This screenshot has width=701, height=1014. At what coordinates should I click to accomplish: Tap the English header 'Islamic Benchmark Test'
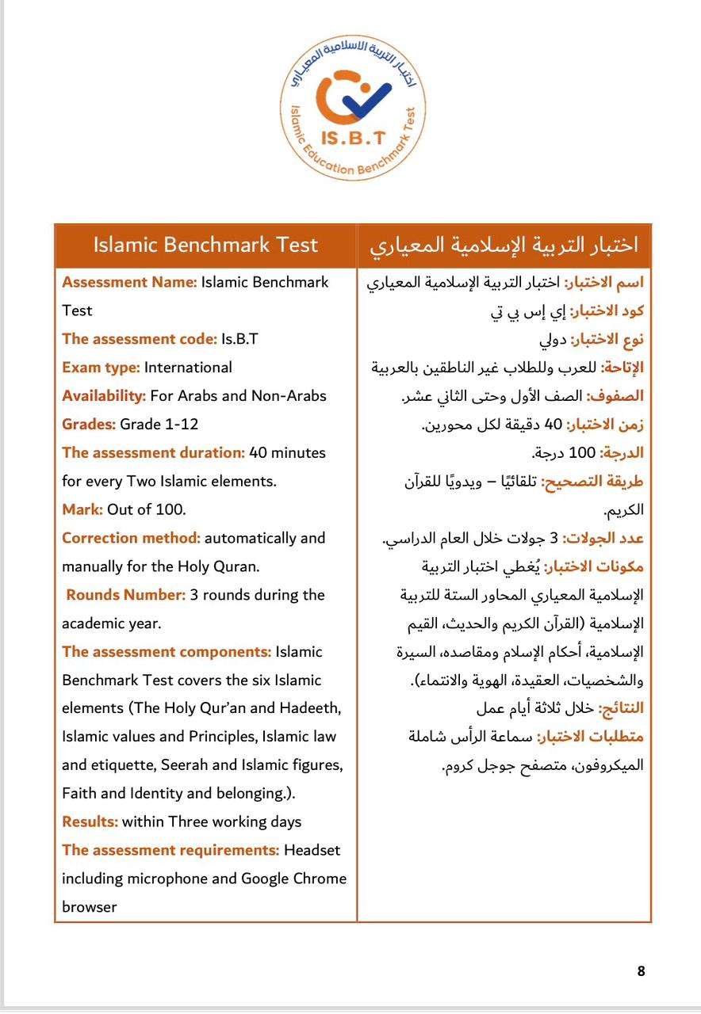coord(205,245)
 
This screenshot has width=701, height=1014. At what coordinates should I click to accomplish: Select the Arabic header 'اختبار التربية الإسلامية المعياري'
coord(504,246)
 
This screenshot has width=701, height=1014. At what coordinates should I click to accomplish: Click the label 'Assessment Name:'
coord(129,282)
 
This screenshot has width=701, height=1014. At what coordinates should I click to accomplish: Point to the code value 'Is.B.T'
coord(240,339)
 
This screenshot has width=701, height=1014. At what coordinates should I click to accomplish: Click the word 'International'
coord(189,368)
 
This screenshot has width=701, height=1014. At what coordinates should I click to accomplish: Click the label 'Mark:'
coord(82,509)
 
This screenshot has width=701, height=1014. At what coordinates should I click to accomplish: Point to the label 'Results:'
coord(90,821)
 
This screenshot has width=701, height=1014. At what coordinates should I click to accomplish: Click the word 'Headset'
coord(312,850)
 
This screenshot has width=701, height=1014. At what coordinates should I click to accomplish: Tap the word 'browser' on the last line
coord(90,907)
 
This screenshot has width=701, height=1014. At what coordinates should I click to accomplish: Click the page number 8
coord(641,971)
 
